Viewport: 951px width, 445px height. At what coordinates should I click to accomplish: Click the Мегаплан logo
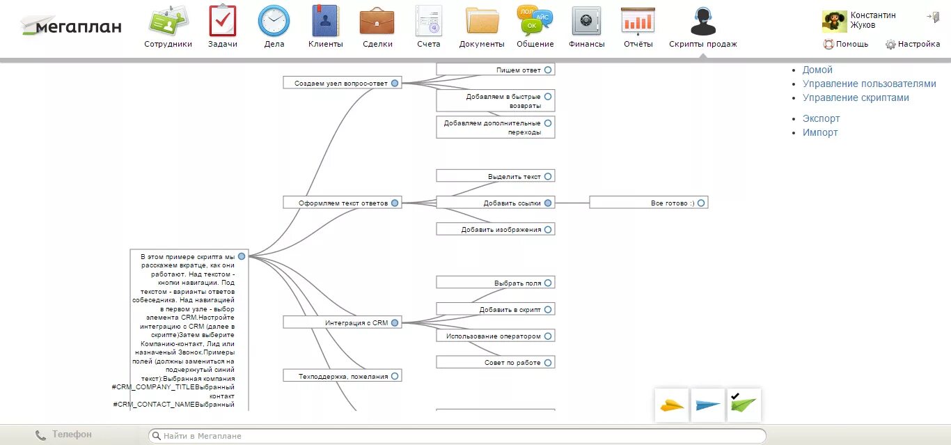tap(71, 26)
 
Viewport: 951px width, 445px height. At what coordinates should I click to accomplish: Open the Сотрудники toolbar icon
tap(168, 21)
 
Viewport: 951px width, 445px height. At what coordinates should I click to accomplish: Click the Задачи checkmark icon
tap(223, 21)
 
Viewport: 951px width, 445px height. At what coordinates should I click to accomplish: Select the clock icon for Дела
tap(274, 21)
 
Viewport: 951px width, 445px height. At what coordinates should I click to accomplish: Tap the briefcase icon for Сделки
tap(377, 21)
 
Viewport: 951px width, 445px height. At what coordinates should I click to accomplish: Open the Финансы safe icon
tap(586, 21)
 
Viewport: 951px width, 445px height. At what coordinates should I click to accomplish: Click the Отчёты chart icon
tap(638, 21)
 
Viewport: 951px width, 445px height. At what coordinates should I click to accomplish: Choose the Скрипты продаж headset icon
tap(702, 21)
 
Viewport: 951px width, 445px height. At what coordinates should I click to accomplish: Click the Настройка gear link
tap(912, 44)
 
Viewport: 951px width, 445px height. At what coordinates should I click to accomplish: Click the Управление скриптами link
tap(856, 97)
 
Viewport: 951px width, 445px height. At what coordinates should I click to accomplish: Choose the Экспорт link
tap(821, 118)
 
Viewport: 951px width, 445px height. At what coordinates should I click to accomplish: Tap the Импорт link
tap(820, 132)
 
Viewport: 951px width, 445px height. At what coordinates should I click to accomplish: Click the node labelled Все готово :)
tap(648, 203)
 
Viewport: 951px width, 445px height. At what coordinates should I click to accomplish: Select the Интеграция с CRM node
tap(342, 322)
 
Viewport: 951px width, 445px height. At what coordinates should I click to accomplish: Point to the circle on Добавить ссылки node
tap(548, 203)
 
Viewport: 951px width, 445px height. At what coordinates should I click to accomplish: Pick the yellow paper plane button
tap(672, 405)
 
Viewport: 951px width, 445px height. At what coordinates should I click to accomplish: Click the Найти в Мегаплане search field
tap(457, 436)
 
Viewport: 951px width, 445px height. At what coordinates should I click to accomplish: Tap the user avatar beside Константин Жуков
tap(834, 21)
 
